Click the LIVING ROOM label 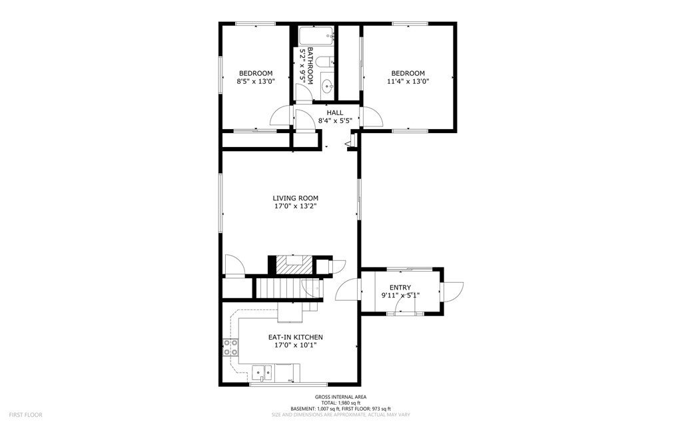[x=295, y=198]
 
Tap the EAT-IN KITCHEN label [x=295, y=337]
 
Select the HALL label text [x=335, y=113]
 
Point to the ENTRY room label [x=400, y=288]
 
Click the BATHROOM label [x=310, y=66]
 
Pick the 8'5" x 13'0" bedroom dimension [x=256, y=81]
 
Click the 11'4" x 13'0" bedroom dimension [x=408, y=81]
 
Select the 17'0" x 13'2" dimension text [x=295, y=206]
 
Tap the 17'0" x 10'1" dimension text [x=295, y=345]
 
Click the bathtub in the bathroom [x=316, y=37]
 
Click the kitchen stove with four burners [x=230, y=347]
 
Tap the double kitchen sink [x=262, y=373]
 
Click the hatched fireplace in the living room [x=295, y=265]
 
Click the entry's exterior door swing [x=453, y=291]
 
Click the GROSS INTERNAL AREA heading [x=340, y=397]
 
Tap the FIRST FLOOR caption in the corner [x=26, y=415]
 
